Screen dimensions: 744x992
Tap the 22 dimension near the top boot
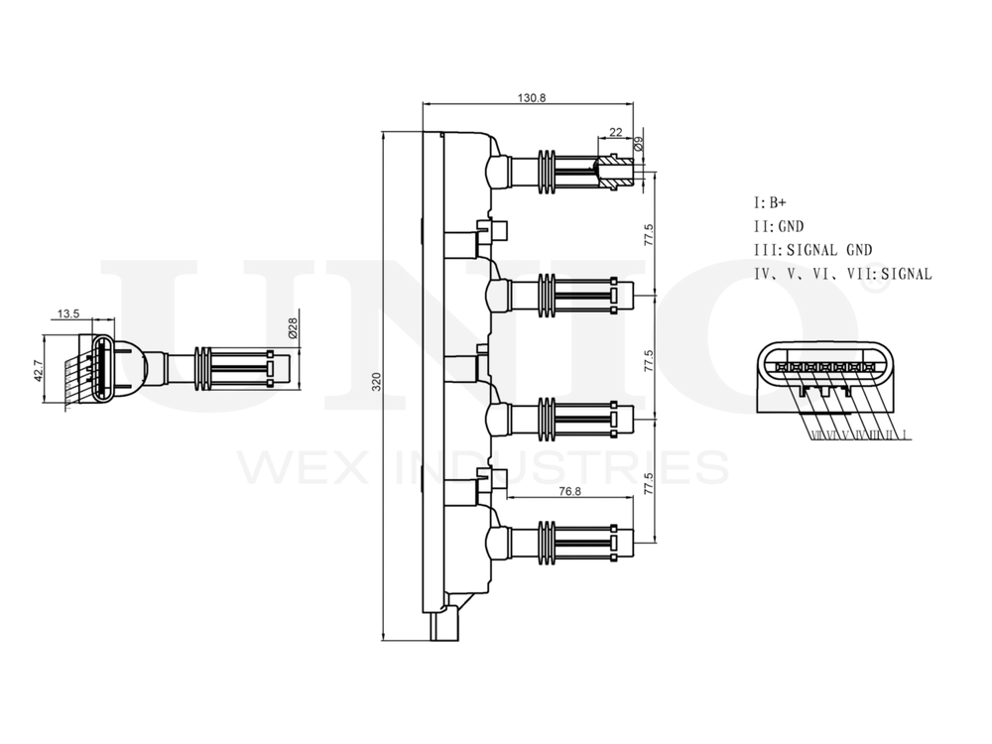coord(616,132)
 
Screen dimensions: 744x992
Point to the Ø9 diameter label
coord(639,143)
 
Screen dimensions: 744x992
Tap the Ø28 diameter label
coord(294,328)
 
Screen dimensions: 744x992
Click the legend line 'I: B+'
coord(770,202)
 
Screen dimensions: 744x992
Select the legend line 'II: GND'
coord(779,226)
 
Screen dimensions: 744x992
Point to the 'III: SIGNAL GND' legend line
coord(812,250)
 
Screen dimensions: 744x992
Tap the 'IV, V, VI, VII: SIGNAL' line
coord(842,274)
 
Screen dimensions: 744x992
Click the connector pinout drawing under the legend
coord(824,382)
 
